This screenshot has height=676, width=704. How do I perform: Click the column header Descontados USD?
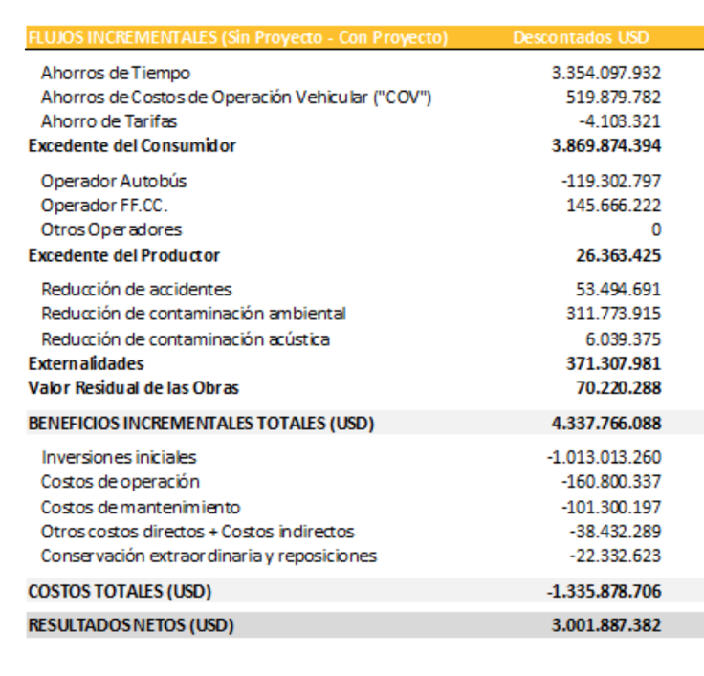click(x=581, y=38)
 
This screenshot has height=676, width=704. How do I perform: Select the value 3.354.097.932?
click(x=606, y=73)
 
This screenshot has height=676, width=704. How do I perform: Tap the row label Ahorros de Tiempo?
click(x=116, y=73)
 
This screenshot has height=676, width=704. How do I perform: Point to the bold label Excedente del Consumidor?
click(x=132, y=146)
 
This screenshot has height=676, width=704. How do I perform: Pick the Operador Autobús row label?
click(x=114, y=181)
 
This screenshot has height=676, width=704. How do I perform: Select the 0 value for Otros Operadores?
click(x=656, y=230)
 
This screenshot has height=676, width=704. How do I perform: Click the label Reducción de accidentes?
click(x=137, y=289)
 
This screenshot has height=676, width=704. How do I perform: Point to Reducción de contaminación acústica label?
click(x=186, y=338)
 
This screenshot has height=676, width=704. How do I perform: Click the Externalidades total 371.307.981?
click(x=613, y=363)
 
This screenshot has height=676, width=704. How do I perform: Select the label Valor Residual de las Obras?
click(x=134, y=388)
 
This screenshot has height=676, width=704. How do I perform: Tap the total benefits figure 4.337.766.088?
click(x=606, y=424)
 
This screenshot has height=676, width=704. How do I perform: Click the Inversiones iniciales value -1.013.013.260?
click(x=604, y=457)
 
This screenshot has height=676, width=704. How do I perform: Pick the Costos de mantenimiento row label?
click(x=141, y=507)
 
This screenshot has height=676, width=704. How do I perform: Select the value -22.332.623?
click(x=615, y=556)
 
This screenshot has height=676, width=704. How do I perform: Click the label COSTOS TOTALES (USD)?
click(x=120, y=591)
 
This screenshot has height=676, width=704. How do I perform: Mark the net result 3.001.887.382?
click(x=606, y=625)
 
